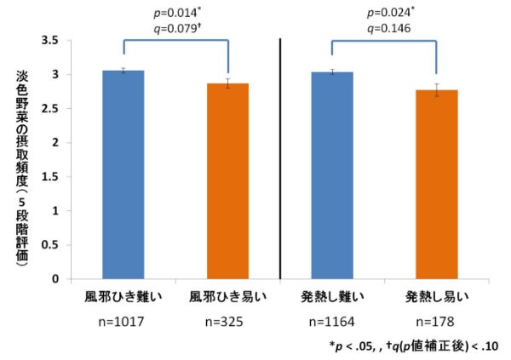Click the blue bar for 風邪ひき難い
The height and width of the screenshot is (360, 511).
pyautogui.click(x=123, y=174)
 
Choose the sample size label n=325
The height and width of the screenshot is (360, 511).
pyautogui.click(x=227, y=323)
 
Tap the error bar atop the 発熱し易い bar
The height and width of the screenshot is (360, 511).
pyautogui.click(x=436, y=89)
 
